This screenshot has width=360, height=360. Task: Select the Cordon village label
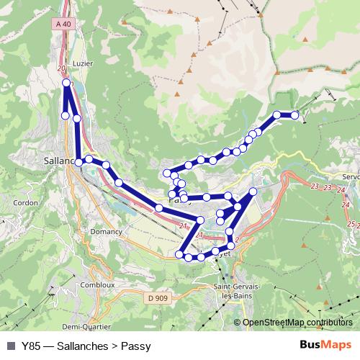coord(25,203)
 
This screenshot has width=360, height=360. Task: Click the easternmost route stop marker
coord(294,114)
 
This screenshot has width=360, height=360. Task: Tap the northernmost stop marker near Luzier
coord(67,84)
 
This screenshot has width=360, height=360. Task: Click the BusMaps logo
coord(325,345)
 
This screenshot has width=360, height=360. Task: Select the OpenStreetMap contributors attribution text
coord(297,323)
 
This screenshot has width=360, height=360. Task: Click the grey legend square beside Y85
coord(10,346)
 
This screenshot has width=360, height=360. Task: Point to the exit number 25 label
coord(351,225)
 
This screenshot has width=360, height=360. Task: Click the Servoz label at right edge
coord(351,176)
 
